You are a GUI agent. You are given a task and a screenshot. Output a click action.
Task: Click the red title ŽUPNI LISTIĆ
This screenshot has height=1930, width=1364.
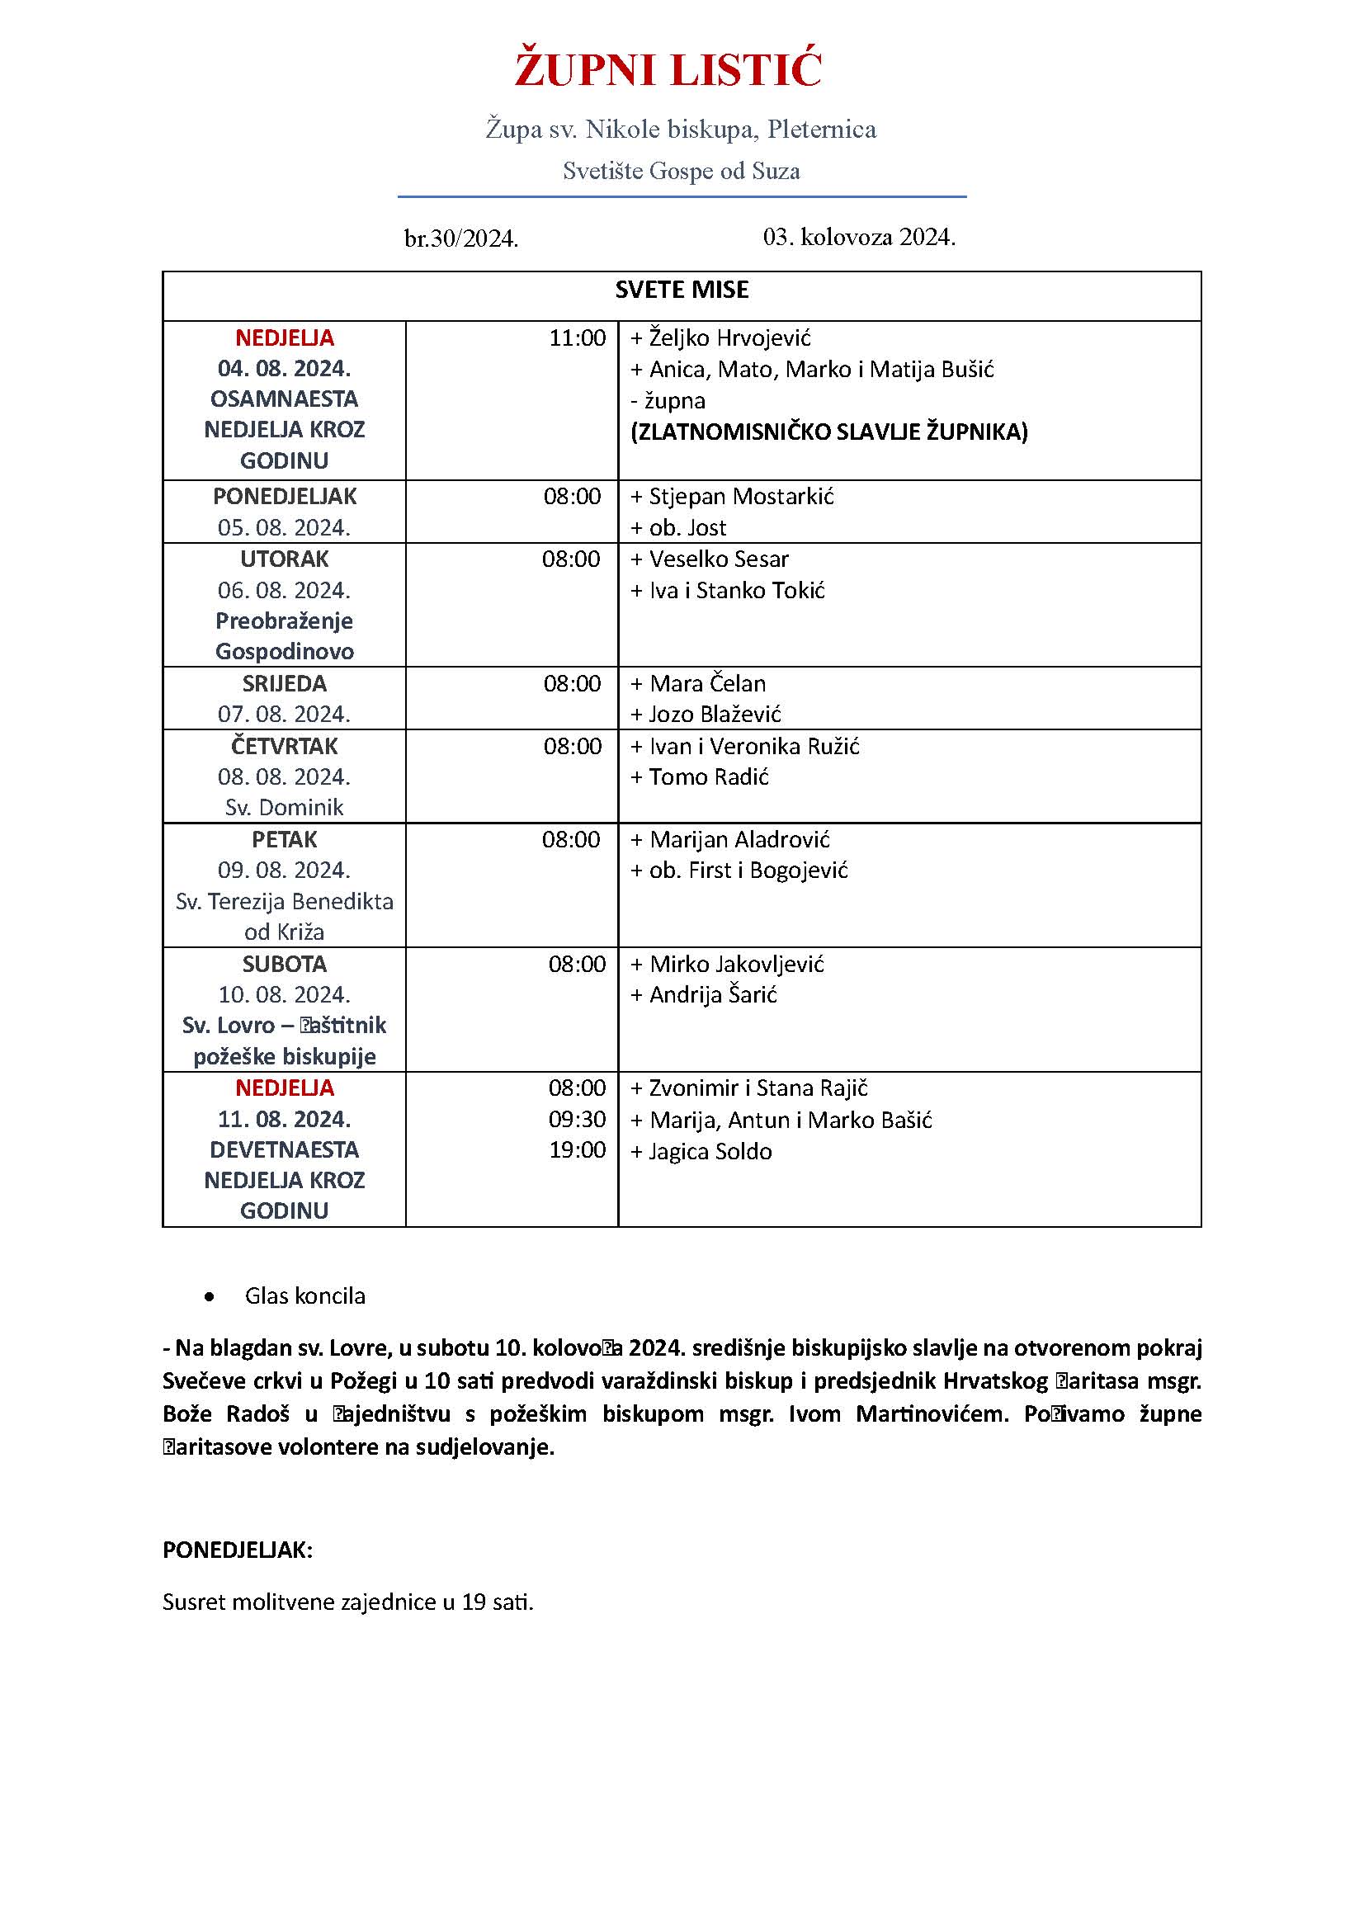pyautogui.click(x=668, y=70)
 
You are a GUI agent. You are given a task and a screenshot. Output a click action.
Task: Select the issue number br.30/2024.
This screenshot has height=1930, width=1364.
pyautogui.click(x=460, y=239)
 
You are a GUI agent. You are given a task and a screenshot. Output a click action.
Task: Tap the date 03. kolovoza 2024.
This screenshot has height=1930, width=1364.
pyautogui.click(x=859, y=237)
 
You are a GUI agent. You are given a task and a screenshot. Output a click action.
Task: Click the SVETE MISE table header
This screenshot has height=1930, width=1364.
pyautogui.click(x=682, y=290)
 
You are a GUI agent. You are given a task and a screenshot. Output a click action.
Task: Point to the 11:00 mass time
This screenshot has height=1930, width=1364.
pyautogui.click(x=577, y=338)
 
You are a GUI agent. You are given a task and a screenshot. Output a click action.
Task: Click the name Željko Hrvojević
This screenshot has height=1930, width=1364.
pyautogui.click(x=729, y=338)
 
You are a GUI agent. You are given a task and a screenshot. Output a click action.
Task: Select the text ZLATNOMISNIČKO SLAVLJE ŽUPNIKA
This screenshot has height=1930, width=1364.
pyautogui.click(x=828, y=432)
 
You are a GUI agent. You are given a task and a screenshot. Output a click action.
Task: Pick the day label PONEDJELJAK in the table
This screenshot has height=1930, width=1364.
pyautogui.click(x=284, y=496)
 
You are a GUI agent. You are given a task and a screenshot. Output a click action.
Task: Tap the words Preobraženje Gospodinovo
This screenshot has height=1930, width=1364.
pyautogui.click(x=284, y=635)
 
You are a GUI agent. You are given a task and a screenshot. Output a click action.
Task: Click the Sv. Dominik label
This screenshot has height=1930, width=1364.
pyautogui.click(x=284, y=807)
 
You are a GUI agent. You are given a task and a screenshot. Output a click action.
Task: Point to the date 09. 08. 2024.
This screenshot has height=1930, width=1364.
pyautogui.click(x=284, y=870)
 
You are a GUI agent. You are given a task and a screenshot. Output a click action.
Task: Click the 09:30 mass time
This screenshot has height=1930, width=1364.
pyautogui.click(x=577, y=1120)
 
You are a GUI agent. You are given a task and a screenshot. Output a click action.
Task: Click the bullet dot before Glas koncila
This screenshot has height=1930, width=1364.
pyautogui.click(x=210, y=1296)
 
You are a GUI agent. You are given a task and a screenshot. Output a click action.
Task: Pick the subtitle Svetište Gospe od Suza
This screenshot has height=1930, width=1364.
pyautogui.click(x=681, y=172)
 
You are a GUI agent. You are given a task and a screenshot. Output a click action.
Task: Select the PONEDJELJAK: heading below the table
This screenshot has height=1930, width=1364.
pyautogui.click(x=237, y=1550)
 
